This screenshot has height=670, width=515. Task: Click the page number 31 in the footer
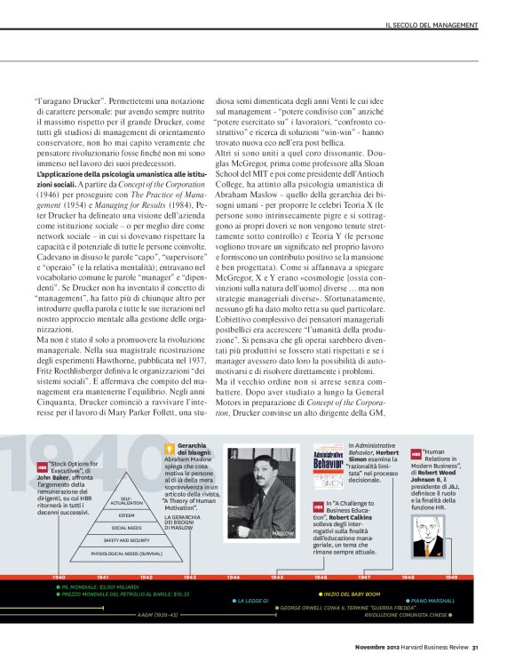pos(476,646)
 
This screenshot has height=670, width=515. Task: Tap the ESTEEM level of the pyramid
pos(127,515)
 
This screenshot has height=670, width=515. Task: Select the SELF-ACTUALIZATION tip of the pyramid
pos(126,501)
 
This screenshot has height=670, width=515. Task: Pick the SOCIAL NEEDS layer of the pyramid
pos(127,528)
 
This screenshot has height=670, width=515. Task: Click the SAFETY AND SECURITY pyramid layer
pos(127,540)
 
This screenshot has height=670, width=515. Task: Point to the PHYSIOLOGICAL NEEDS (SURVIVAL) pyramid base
pos(127,553)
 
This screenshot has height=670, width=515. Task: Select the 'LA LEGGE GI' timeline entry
pos(254,601)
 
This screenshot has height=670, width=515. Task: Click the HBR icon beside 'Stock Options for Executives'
pos(42,466)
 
